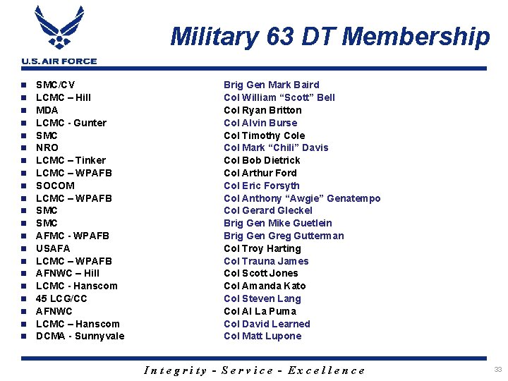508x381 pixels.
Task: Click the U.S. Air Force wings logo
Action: pyautogui.click(x=59, y=28)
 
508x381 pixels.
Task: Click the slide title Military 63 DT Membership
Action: pyautogui.click(x=329, y=36)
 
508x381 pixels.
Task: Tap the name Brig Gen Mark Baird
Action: pyautogui.click(x=271, y=85)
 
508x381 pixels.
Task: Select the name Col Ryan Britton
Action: pyautogui.click(x=262, y=110)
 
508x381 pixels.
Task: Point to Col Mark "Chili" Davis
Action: pyautogui.click(x=276, y=147)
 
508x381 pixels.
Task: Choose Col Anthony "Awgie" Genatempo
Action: pyautogui.click(x=302, y=198)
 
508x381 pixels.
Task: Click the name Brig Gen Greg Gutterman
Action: pyautogui.click(x=284, y=236)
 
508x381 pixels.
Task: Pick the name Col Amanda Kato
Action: pyautogui.click(x=265, y=286)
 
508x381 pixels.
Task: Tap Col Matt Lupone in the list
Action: pyautogui.click(x=262, y=336)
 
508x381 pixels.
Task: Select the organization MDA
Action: pyautogui.click(x=47, y=110)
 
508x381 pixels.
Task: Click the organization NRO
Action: pyautogui.click(x=47, y=147)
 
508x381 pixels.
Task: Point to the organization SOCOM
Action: pyautogui.click(x=55, y=186)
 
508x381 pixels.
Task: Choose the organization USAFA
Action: pyautogui.click(x=53, y=248)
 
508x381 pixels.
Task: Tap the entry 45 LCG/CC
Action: pyautogui.click(x=61, y=298)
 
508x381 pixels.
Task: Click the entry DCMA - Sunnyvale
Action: pyautogui.click(x=80, y=336)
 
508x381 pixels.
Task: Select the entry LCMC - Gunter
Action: pyautogui.click(x=71, y=123)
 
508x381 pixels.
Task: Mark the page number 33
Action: pyautogui.click(x=498, y=370)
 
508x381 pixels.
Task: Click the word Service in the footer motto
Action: pyautogui.click(x=248, y=370)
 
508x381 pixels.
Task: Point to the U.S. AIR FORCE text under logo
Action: pyautogui.click(x=59, y=61)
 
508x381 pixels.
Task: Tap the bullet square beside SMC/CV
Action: pyautogui.click(x=24, y=85)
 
